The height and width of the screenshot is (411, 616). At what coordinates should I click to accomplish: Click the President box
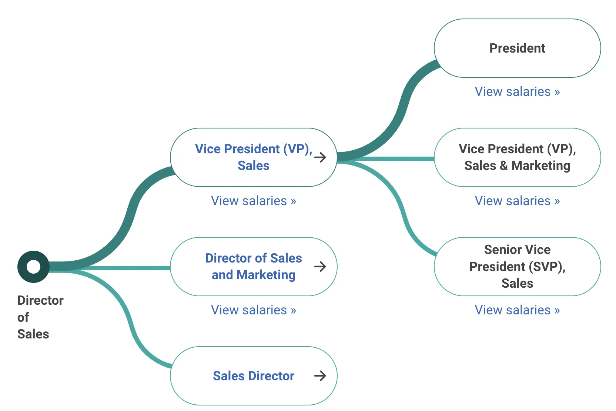tap(517, 48)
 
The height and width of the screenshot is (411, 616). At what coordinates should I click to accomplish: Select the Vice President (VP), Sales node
tap(253, 157)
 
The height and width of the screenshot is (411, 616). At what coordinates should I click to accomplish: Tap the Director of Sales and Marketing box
tap(253, 266)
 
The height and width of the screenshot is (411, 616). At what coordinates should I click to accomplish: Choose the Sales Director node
tap(253, 376)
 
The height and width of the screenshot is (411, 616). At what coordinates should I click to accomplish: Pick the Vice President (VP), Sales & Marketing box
tap(517, 157)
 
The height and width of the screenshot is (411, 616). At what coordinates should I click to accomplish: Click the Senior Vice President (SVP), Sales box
tap(517, 266)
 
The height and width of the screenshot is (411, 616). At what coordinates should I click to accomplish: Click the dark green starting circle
tap(33, 267)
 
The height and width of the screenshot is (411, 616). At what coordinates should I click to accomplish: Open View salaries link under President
tap(517, 91)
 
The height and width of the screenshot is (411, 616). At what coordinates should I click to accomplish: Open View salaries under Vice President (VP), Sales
tap(253, 201)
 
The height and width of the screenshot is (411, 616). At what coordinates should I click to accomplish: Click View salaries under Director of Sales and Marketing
tap(253, 310)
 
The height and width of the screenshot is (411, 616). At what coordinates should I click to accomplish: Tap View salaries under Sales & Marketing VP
tap(517, 201)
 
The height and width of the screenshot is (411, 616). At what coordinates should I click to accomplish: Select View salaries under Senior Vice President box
tap(517, 310)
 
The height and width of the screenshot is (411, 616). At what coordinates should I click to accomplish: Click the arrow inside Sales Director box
tap(320, 376)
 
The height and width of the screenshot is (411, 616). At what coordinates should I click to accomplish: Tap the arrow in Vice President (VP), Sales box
tap(320, 157)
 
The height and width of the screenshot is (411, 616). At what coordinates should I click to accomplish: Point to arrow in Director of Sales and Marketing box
tap(320, 266)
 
